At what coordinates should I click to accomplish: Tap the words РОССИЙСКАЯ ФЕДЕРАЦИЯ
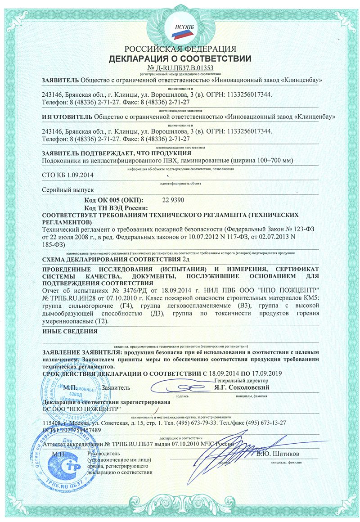click(180, 49)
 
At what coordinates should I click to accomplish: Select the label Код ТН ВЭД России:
click(117, 207)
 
